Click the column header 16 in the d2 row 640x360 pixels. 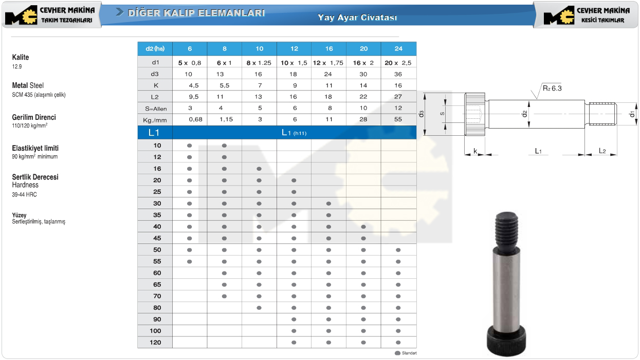pos(329,49)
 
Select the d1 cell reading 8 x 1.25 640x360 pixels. pos(259,63)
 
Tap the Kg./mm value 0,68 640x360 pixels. pos(196,119)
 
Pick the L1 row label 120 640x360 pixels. pos(155,343)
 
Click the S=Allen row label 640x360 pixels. pos(156,109)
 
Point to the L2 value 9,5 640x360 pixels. pos(193,97)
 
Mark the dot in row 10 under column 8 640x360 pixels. pos(224,146)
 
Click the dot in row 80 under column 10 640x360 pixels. pos(259,308)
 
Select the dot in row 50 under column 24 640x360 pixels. pos(398,250)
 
